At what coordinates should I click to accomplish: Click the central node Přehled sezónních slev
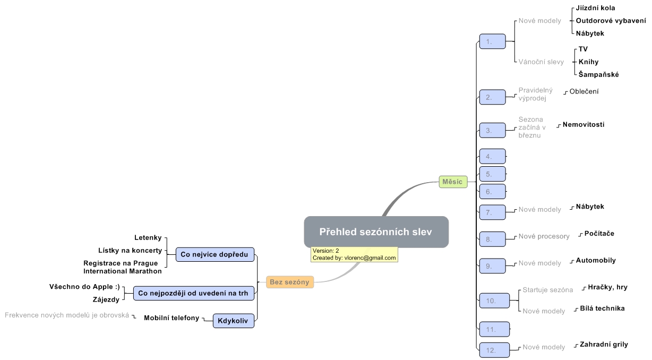[376, 232]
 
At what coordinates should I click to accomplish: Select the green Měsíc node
[452, 182]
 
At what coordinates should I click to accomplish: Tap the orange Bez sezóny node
[289, 282]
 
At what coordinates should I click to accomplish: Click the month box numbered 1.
[492, 41]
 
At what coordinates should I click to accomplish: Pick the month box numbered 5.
[492, 174]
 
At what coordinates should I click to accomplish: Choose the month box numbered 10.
[492, 301]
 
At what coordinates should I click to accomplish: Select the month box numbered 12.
[492, 350]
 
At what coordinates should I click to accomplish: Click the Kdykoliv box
[233, 321]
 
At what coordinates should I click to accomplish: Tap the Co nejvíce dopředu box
[215, 254]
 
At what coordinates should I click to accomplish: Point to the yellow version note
[354, 254]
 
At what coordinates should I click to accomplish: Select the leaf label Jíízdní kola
[596, 8]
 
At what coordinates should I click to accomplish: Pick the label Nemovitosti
[584, 125]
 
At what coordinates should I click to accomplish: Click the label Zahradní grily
[604, 345]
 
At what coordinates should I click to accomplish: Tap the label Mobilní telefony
[171, 318]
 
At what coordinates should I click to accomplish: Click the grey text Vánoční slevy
[541, 62]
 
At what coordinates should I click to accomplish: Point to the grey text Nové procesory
[544, 236]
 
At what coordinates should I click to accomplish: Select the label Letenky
[148, 237]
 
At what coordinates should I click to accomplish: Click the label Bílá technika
[602, 308]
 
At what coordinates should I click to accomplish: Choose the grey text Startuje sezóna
[547, 290]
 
